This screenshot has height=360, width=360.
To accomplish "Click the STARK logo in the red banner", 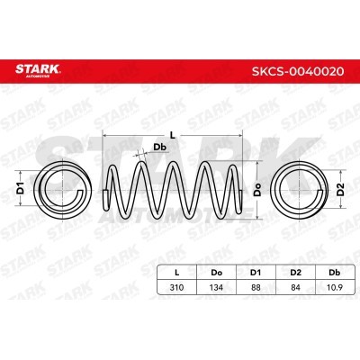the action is pyautogui.click(x=38, y=70).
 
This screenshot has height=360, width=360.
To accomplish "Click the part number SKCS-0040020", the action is pyautogui.click(x=298, y=71).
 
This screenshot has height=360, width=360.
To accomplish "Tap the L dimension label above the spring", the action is pyautogui.click(x=172, y=135).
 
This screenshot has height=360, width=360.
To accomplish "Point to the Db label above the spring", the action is pyautogui.click(x=160, y=147).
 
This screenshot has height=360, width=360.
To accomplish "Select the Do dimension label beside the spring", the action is pyautogui.click(x=257, y=190).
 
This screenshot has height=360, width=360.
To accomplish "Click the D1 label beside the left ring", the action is pyautogui.click(x=20, y=188).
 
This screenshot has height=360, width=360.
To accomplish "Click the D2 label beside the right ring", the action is pyautogui.click(x=340, y=189).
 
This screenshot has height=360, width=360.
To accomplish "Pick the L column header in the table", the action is pyautogui.click(x=177, y=273).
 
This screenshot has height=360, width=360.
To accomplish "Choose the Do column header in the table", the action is pyautogui.click(x=216, y=273).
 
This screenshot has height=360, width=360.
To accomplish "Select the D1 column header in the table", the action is pyautogui.click(x=256, y=273).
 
